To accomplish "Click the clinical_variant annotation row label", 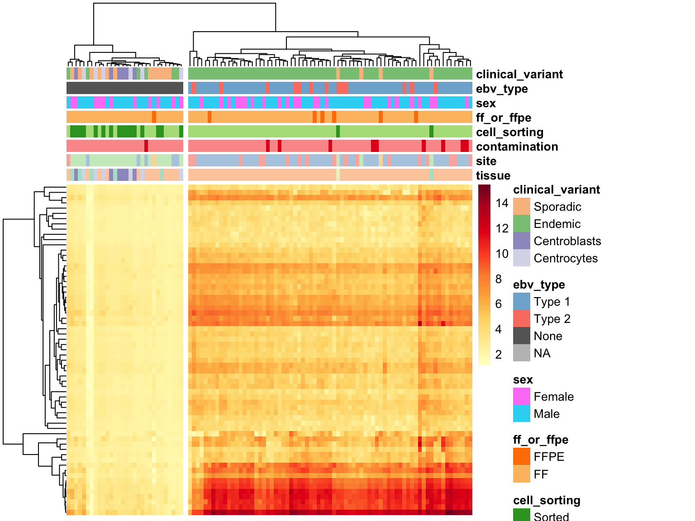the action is tap(519, 74).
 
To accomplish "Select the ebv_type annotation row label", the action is tap(502, 89).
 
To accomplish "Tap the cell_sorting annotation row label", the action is tap(510, 132).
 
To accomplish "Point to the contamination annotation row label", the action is tap(517, 147).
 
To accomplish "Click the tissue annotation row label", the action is tap(493, 175).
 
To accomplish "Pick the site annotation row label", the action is tap(486, 161).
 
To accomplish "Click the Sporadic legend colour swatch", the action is tap(522, 206).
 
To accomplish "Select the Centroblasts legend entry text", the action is tap(567, 241).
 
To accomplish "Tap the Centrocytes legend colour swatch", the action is tap(522, 258).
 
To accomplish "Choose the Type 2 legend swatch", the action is tap(522, 318).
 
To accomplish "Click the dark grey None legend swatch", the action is tap(522, 336).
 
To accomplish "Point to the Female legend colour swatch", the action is tap(522, 396).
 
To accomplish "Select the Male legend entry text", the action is tap(547, 414).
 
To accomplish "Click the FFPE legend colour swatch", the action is tap(522, 456).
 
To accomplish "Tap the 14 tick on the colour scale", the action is tap(502, 203).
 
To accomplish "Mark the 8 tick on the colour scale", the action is tap(499, 279).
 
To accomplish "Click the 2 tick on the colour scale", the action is tap(499, 355).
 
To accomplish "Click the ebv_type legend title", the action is tap(539, 285).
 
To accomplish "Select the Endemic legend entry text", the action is tap(557, 224).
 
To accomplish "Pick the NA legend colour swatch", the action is tap(522, 353).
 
